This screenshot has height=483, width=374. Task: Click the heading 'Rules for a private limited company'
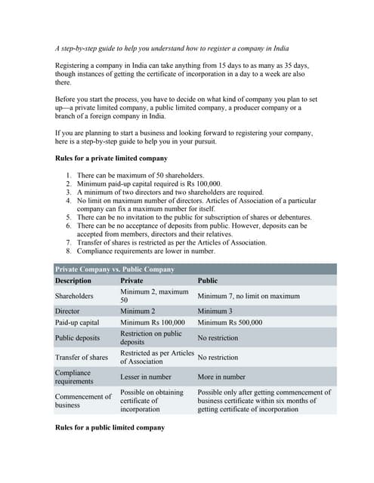[x=112, y=158]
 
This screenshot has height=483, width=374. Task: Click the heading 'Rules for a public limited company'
[x=110, y=428]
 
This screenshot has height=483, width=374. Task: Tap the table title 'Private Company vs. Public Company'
[x=114, y=269]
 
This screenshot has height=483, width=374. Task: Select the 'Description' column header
[x=73, y=281]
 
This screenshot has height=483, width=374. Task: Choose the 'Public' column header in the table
[x=207, y=281]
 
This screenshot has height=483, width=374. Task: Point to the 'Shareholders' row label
[x=74, y=296]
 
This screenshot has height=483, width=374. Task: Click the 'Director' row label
[x=67, y=311]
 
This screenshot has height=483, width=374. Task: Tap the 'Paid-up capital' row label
[x=78, y=322]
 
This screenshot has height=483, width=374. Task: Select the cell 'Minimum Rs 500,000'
[x=230, y=322]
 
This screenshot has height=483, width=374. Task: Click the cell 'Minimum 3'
[x=215, y=311]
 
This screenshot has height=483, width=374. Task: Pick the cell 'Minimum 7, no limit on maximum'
[x=249, y=296]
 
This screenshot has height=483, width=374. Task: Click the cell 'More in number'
[x=221, y=377]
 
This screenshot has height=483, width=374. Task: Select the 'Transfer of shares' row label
[x=82, y=357]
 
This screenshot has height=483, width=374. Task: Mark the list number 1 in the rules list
[x=69, y=175]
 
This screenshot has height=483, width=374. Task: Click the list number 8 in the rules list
[x=69, y=251]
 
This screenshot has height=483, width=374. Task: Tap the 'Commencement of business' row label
[x=82, y=400]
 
